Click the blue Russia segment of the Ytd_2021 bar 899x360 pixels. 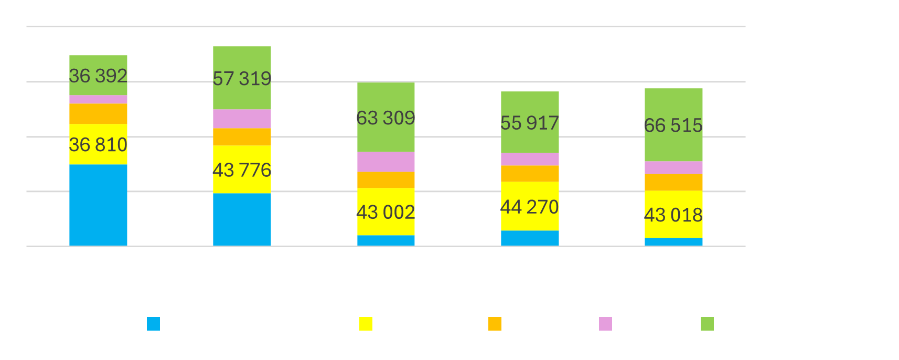coord(98,205)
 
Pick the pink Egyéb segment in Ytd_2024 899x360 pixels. coord(530,159)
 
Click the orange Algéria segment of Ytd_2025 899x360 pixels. coord(673,182)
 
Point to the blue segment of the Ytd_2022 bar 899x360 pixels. coord(242,219)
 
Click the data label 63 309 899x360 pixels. coord(386,118)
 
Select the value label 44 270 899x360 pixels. coord(530,207)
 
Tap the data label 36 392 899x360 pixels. coord(98,76)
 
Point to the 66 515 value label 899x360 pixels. coord(673,125)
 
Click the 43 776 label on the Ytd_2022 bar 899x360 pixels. coord(242,170)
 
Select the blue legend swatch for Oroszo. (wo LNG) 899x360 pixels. coord(153,324)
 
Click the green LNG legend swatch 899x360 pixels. coord(707,324)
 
